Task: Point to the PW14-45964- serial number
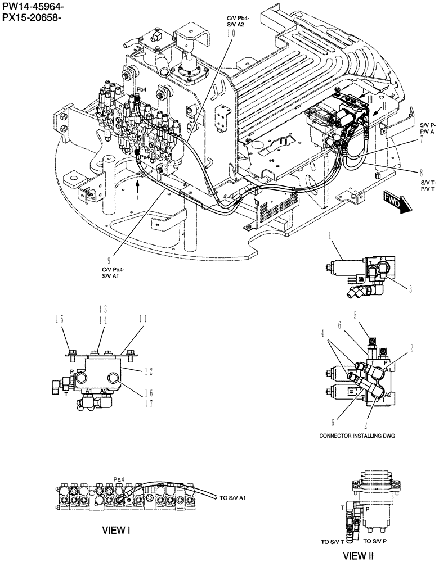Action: click(33, 7)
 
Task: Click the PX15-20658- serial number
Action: click(32, 19)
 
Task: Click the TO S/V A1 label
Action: click(234, 498)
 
